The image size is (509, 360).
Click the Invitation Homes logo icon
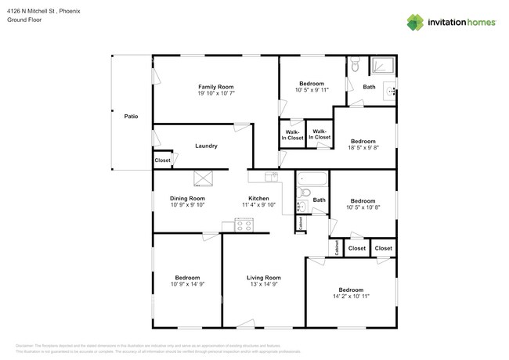pyautogui.click(x=415, y=23)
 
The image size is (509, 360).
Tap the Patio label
pyautogui.click(x=131, y=117)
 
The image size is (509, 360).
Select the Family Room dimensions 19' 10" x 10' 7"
pyautogui.click(x=215, y=93)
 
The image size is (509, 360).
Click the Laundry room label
pyautogui.click(x=206, y=146)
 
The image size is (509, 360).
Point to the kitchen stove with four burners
pyautogui.click(x=244, y=226)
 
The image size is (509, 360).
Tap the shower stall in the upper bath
pyautogui.click(x=383, y=67)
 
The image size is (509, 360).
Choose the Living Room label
pyautogui.click(x=264, y=278)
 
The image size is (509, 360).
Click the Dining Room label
pyautogui.click(x=187, y=199)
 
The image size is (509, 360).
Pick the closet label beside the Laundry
pyautogui.click(x=162, y=160)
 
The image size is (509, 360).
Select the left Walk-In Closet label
pyautogui.click(x=292, y=134)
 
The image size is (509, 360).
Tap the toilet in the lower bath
pyautogui.click(x=306, y=193)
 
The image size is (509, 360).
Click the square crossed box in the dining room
pyautogui.click(x=204, y=178)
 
